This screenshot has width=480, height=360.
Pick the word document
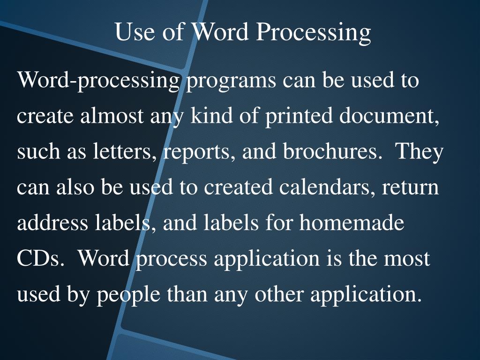[x=390, y=116]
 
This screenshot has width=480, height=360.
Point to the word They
[x=420, y=152]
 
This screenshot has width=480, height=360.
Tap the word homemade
[x=352, y=223]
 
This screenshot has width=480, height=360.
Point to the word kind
[x=209, y=116]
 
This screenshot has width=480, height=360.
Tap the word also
[x=76, y=187]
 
